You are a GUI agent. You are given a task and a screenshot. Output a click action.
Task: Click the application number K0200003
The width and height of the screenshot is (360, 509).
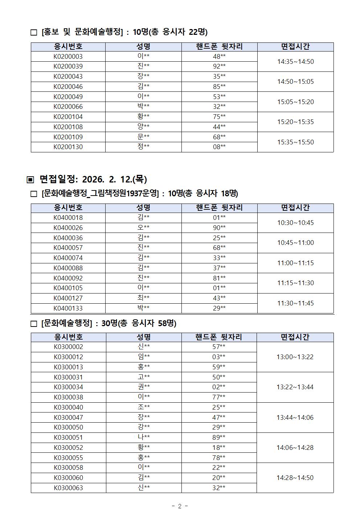[x=68, y=56]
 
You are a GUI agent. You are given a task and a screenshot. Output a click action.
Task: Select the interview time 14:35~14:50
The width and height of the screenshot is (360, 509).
[x=295, y=62]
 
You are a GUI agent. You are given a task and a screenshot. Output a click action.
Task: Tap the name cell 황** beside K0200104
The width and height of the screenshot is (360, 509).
[x=143, y=116]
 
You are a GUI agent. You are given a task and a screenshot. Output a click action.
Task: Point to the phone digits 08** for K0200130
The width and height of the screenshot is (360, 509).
[x=219, y=147]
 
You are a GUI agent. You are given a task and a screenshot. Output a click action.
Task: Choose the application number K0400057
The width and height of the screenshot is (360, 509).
[x=68, y=248]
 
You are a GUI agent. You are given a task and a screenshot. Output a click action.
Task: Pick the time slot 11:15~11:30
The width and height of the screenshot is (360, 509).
[x=295, y=283]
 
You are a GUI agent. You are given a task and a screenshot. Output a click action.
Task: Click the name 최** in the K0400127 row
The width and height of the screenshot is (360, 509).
[x=143, y=298]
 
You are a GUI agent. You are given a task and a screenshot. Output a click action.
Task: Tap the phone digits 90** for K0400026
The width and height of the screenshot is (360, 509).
[x=219, y=228]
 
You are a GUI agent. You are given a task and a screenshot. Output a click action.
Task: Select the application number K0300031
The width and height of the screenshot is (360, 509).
[x=68, y=377]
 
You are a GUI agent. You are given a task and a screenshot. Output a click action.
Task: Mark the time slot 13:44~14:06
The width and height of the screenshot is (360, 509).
[x=295, y=418]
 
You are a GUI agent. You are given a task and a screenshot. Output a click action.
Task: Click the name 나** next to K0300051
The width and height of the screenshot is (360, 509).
[x=144, y=438]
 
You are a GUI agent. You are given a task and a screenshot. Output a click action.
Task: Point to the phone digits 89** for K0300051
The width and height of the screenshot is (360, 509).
[x=219, y=438]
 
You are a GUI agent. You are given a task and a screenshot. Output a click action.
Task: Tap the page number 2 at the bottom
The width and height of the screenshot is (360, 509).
[x=180, y=506]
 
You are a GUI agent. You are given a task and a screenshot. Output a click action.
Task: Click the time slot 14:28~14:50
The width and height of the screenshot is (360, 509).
[x=295, y=478]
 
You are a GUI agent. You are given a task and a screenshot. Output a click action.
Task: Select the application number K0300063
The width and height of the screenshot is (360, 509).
[x=68, y=488]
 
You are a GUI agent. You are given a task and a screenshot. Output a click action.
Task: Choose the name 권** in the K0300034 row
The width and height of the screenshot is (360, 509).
[x=144, y=387]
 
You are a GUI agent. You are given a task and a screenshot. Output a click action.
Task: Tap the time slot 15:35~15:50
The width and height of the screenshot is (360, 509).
[x=295, y=142]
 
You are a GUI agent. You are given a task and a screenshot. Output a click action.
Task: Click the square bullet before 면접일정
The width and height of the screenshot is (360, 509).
[x=30, y=180]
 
